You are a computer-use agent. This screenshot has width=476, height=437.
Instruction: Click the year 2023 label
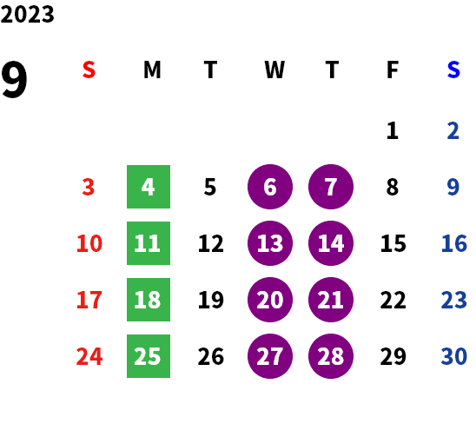click(27, 14)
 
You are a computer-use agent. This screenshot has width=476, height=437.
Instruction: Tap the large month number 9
click(14, 79)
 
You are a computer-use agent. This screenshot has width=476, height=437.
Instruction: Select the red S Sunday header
click(89, 70)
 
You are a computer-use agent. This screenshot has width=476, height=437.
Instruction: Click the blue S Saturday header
click(453, 70)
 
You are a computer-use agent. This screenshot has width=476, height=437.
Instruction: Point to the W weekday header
click(274, 70)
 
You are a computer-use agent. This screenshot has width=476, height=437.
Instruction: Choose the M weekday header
click(152, 70)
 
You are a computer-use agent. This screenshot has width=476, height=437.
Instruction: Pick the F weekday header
click(393, 70)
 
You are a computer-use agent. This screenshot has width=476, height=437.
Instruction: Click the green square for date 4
click(149, 187)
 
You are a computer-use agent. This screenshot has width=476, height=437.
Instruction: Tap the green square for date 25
click(149, 356)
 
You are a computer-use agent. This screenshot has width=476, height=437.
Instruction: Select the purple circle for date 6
click(270, 187)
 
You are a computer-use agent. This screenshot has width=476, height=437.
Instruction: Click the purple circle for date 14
click(331, 243)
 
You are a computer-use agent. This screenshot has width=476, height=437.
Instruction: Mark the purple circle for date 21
click(331, 300)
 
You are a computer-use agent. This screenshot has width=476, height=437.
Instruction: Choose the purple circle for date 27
click(270, 356)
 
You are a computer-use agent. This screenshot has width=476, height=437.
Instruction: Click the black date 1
click(393, 130)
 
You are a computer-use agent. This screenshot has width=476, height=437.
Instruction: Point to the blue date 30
click(453, 356)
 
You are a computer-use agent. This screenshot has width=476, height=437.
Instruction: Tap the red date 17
click(89, 300)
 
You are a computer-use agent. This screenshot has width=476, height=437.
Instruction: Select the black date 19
click(211, 300)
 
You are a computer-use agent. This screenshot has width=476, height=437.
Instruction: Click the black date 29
click(393, 356)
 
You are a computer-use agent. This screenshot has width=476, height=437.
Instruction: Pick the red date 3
click(89, 187)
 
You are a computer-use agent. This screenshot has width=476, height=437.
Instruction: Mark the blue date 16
click(453, 243)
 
